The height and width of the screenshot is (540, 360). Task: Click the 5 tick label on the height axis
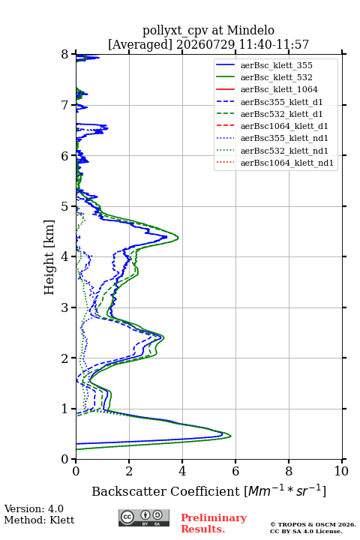pyautogui.click(x=65, y=207)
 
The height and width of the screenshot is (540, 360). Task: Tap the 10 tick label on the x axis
pyautogui.click(x=341, y=471)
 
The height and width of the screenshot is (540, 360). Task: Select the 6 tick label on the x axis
pyautogui.click(x=235, y=471)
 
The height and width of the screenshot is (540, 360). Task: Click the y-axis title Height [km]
pyautogui.click(x=49, y=257)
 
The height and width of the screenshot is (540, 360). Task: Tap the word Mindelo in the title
pyautogui.click(x=250, y=30)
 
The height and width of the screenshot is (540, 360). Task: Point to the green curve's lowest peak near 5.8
pyautogui.click(x=230, y=436)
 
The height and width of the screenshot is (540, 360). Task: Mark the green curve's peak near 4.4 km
pyautogui.click(x=178, y=238)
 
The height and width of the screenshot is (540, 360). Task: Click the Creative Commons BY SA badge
pyautogui.click(x=144, y=517)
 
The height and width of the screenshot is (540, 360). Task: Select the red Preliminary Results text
pyautogui.click(x=214, y=523)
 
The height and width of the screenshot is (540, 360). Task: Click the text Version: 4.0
pyautogui.click(x=34, y=508)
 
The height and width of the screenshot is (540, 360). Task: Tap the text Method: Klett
pyautogui.click(x=39, y=520)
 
